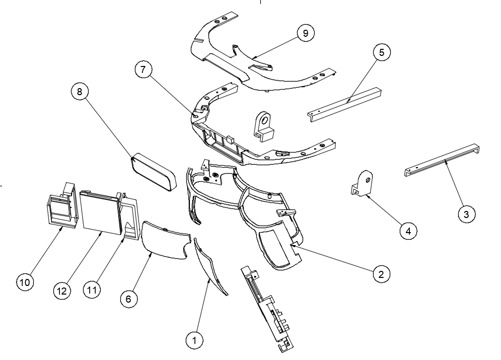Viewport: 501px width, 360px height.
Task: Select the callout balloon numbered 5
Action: coord(382,52)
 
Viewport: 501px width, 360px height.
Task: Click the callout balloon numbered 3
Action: coord(467,214)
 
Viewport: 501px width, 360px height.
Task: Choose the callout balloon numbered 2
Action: coord(381,274)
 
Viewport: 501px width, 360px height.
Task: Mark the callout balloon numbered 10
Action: coord(24,282)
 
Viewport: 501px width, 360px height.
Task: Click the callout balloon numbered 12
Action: coord(63,291)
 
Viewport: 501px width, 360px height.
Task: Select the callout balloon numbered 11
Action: coord(92,291)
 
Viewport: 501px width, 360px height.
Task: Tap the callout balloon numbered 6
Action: coord(128,299)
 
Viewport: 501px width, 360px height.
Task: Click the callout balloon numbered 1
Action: coord(194,340)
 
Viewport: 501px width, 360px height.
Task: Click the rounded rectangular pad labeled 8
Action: coord(154,172)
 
